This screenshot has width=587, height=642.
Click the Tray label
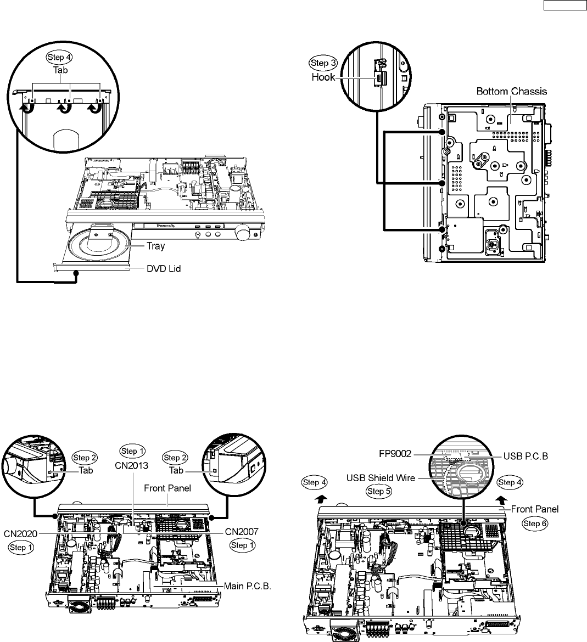click(x=155, y=246)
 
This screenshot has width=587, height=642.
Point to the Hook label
click(x=323, y=77)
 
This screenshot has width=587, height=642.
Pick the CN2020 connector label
click(x=21, y=532)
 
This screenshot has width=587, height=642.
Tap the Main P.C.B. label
click(x=248, y=586)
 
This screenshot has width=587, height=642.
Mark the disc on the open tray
click(x=93, y=246)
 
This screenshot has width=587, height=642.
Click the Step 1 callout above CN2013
click(x=132, y=452)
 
